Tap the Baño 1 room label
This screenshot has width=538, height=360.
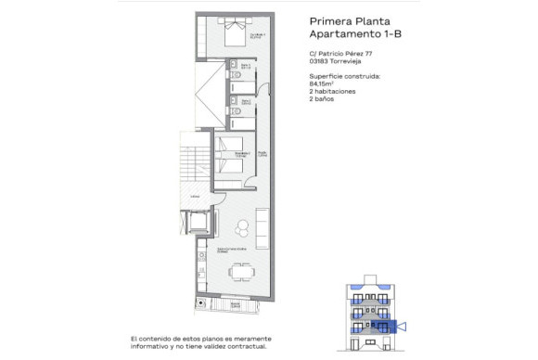coord(246,66)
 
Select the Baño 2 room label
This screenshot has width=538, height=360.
coord(246,100)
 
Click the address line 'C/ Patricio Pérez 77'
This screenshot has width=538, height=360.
coord(340,54)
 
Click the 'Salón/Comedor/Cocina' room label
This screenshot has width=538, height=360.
coord(230,251)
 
